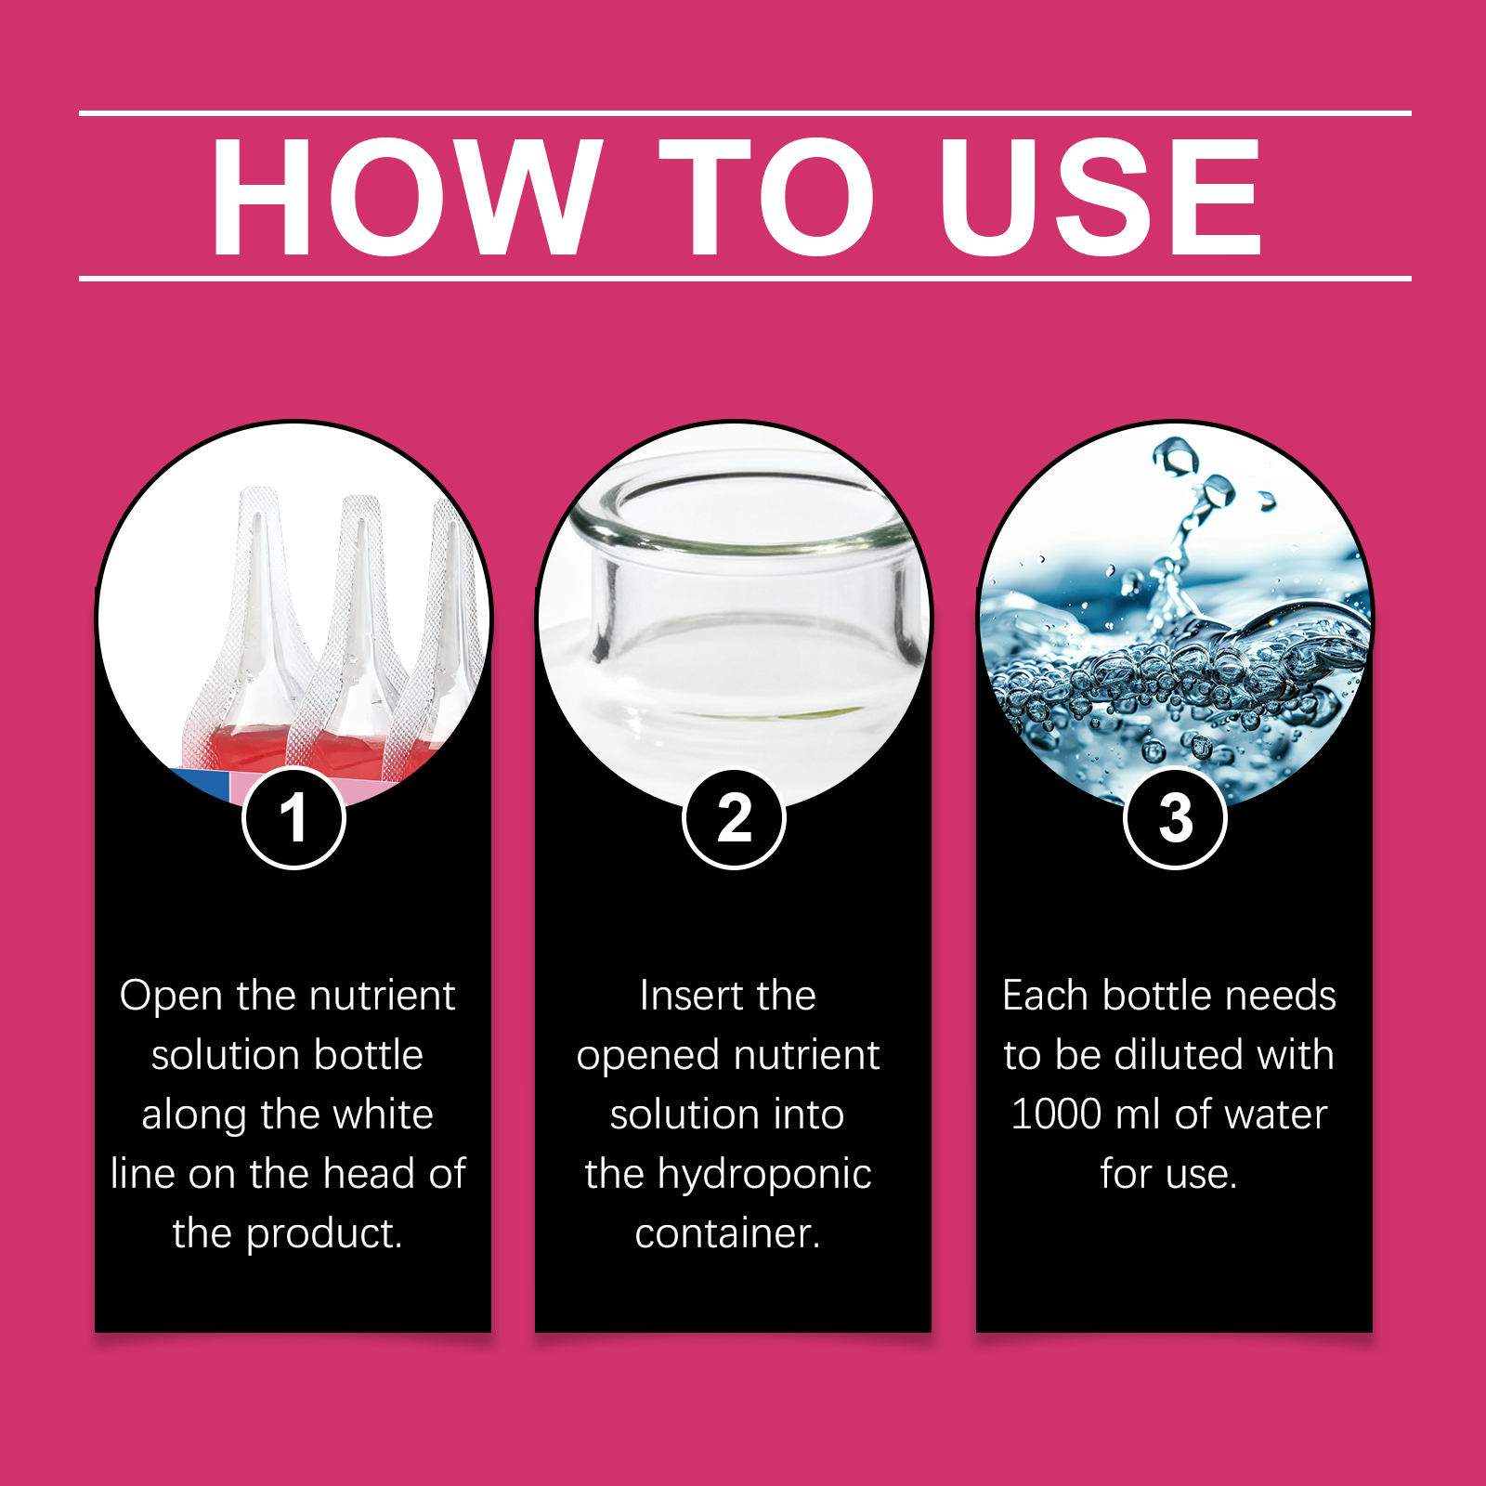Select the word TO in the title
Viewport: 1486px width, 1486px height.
coord(766,196)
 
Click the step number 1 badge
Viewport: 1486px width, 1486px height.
coord(293,818)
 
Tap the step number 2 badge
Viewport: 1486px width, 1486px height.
coord(734,818)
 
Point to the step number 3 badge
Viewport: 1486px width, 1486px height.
coord(1175,818)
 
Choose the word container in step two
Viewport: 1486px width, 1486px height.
coord(727,1234)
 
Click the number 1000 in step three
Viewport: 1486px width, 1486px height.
coord(1056,1114)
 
